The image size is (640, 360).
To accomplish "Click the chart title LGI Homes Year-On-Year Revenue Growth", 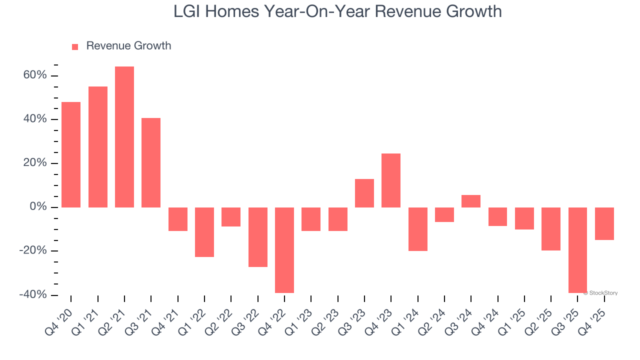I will point(337,11).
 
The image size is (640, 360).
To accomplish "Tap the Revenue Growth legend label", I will point(128,46).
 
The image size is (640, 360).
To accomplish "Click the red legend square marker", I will point(75,47).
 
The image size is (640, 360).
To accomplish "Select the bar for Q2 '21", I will point(124,137).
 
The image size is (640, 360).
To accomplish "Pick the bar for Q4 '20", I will point(71,154).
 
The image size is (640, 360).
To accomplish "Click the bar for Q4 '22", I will point(284,250).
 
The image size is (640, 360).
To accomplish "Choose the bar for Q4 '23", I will point(391,180).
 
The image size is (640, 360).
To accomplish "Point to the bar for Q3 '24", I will point(471,201).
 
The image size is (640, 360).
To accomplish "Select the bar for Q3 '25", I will point(577,250).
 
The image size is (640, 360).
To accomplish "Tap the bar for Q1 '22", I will point(204,232).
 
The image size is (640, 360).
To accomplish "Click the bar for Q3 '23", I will point(364,193).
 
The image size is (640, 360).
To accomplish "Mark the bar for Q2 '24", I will point(444,214).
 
